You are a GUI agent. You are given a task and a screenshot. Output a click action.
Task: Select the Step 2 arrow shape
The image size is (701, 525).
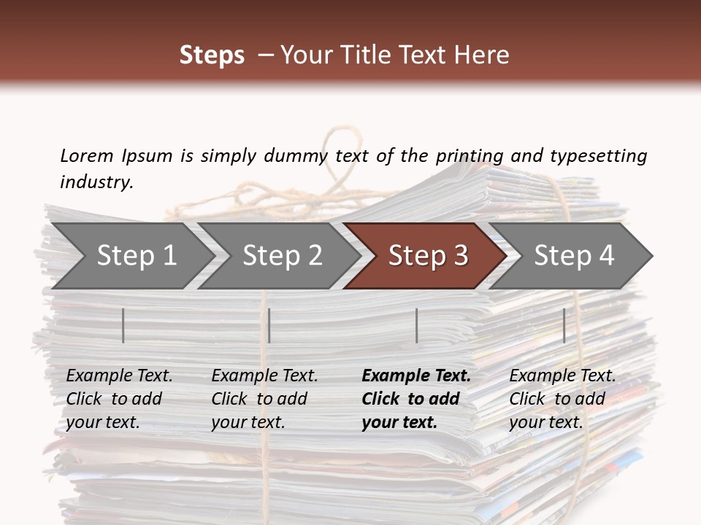pyautogui.click(x=282, y=255)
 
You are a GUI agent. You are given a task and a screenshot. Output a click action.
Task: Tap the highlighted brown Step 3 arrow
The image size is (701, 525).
pyautogui.click(x=427, y=255)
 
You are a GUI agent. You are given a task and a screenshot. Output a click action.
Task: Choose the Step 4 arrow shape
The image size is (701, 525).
pyautogui.click(x=574, y=255)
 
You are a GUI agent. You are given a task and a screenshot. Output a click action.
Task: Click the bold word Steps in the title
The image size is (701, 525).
pyautogui.click(x=212, y=55)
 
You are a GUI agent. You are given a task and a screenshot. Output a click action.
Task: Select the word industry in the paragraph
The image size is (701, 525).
pyautogui.click(x=96, y=182)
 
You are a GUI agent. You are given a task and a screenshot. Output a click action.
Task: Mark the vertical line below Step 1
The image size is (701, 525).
pyautogui.click(x=123, y=325)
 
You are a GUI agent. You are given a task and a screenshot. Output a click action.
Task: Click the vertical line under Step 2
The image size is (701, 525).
pyautogui.click(x=269, y=325)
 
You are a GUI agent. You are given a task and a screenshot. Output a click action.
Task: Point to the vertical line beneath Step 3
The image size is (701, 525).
pyautogui.click(x=417, y=325)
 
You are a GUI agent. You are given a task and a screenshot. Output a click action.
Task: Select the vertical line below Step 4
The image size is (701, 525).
pyautogui.click(x=564, y=325)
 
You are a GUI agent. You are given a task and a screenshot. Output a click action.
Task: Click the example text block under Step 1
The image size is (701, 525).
pyautogui.click(x=119, y=399)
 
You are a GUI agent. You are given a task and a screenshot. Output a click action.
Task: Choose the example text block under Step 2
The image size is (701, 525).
pyautogui.click(x=264, y=399)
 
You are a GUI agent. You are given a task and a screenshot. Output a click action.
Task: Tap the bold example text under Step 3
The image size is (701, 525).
pyautogui.click(x=416, y=399)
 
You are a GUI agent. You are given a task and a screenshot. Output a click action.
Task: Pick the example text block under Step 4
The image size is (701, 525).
pyautogui.click(x=562, y=399)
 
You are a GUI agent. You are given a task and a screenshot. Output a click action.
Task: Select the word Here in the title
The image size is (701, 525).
pyautogui.click(x=484, y=55)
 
